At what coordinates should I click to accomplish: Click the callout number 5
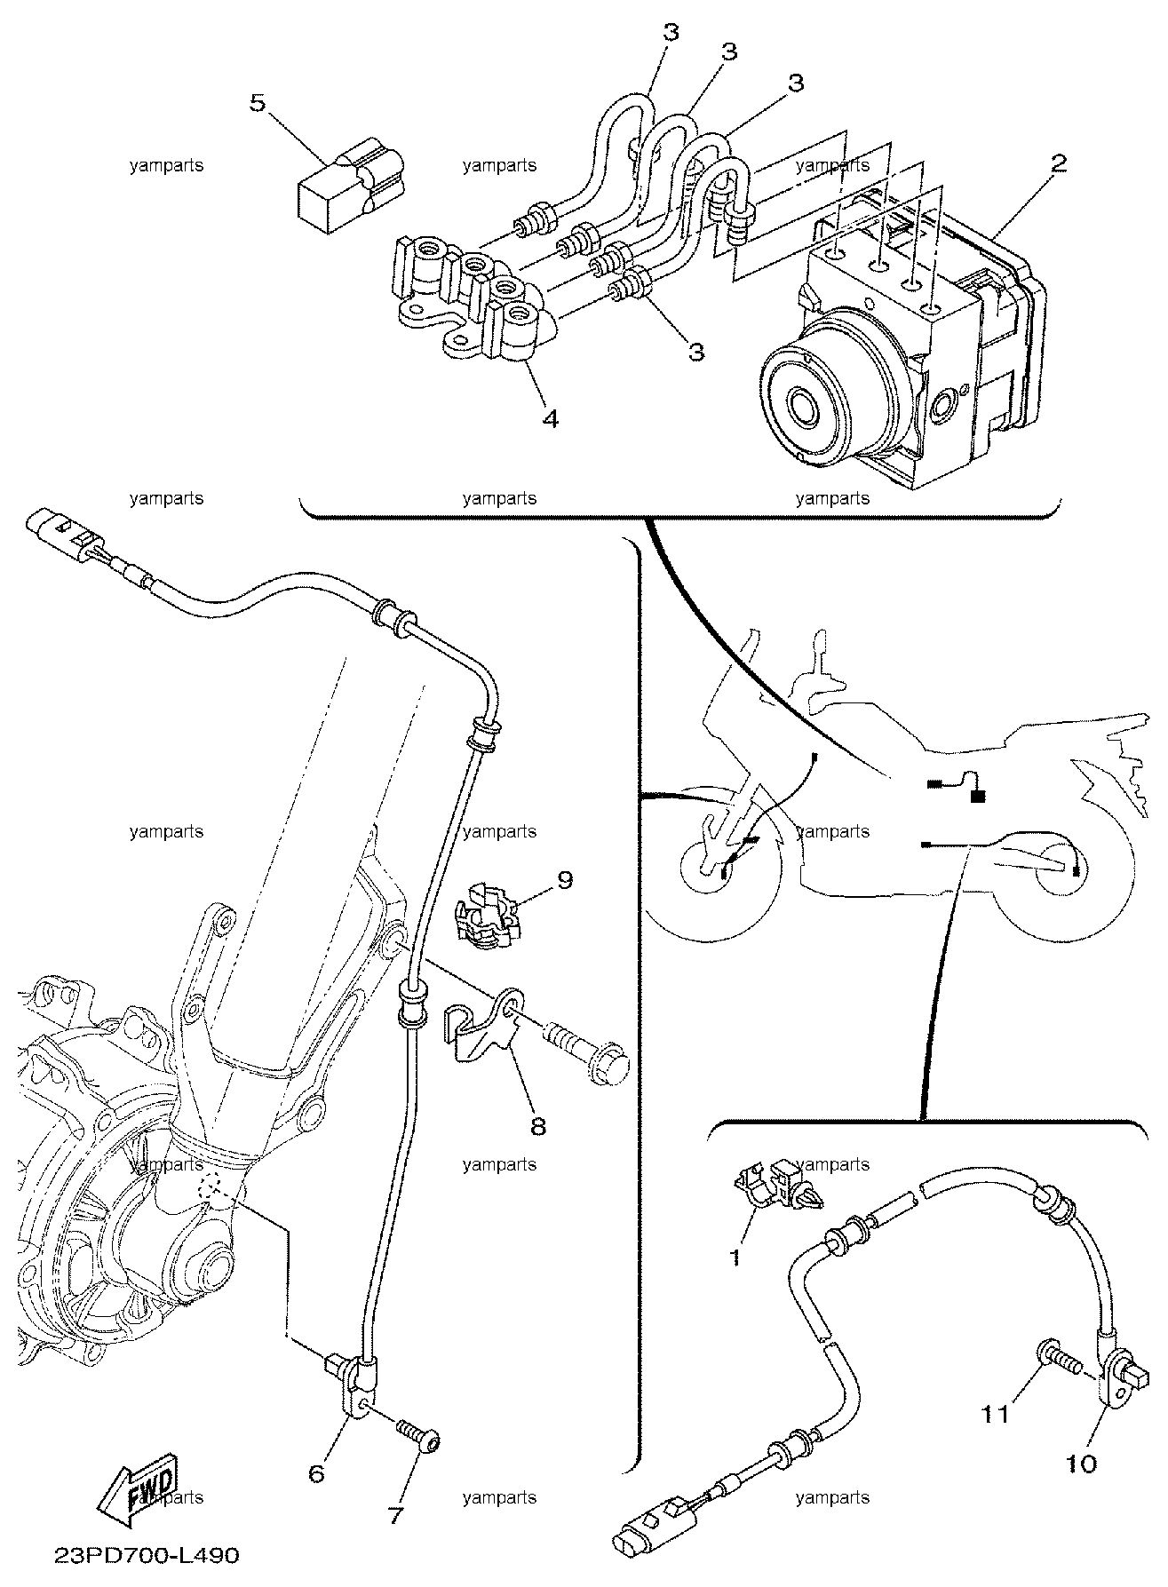pyautogui.click(x=257, y=103)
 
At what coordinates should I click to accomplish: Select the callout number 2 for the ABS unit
pyautogui.click(x=1058, y=163)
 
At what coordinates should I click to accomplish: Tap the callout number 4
pyautogui.click(x=550, y=417)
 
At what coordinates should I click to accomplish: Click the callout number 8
pyautogui.click(x=538, y=1126)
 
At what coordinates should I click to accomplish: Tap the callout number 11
pyautogui.click(x=996, y=1413)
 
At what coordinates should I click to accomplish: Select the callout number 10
pyautogui.click(x=1082, y=1464)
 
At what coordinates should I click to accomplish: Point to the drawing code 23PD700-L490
pyautogui.click(x=147, y=1556)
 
